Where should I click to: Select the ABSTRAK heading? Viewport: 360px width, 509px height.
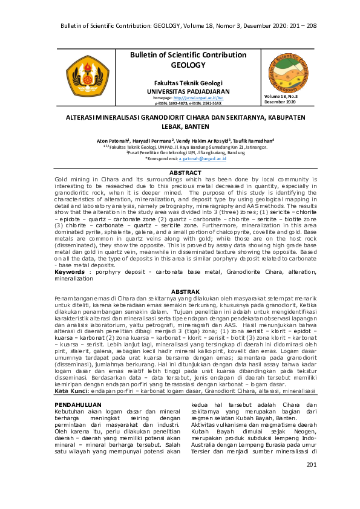click(x=185, y=292)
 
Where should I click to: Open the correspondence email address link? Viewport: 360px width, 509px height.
click(x=203, y=159)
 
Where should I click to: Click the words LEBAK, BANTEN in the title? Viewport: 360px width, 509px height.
click(x=185, y=126)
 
